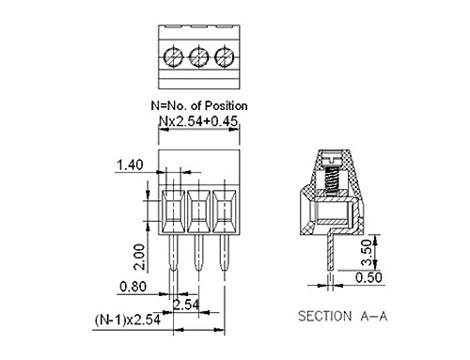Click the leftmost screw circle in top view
(173, 57)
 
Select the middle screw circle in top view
(199, 57)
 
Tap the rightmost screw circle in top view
(225, 57)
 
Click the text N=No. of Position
(199, 105)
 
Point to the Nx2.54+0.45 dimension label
(198, 121)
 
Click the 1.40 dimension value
(130, 164)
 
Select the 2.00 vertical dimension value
(139, 258)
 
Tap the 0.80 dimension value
(133, 287)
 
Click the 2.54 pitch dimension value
(186, 305)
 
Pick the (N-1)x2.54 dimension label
(128, 320)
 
